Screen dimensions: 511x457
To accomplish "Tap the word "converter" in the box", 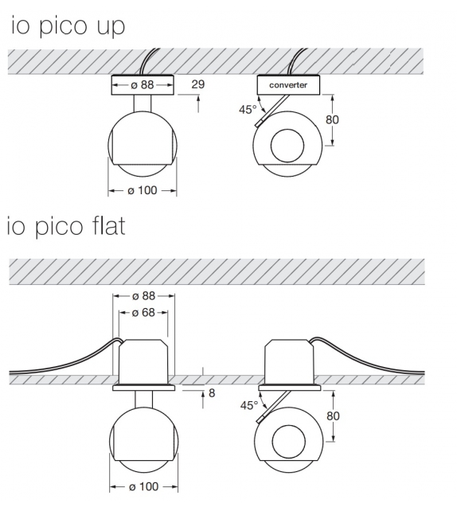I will click(288, 84).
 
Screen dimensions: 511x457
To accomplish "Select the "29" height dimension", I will click(198, 84).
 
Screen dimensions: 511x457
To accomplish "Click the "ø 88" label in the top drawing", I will click(143, 84).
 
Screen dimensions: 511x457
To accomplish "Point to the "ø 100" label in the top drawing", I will click(143, 191).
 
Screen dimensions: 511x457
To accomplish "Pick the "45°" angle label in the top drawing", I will click(247, 110).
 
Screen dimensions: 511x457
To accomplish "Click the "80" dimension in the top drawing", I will click(334, 120).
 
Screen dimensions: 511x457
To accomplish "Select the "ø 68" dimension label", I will click(143, 313).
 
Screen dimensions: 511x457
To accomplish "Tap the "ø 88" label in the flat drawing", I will click(143, 295).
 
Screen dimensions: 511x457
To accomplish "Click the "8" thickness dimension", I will click(212, 392).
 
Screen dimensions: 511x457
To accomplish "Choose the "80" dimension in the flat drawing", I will click(334, 415).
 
